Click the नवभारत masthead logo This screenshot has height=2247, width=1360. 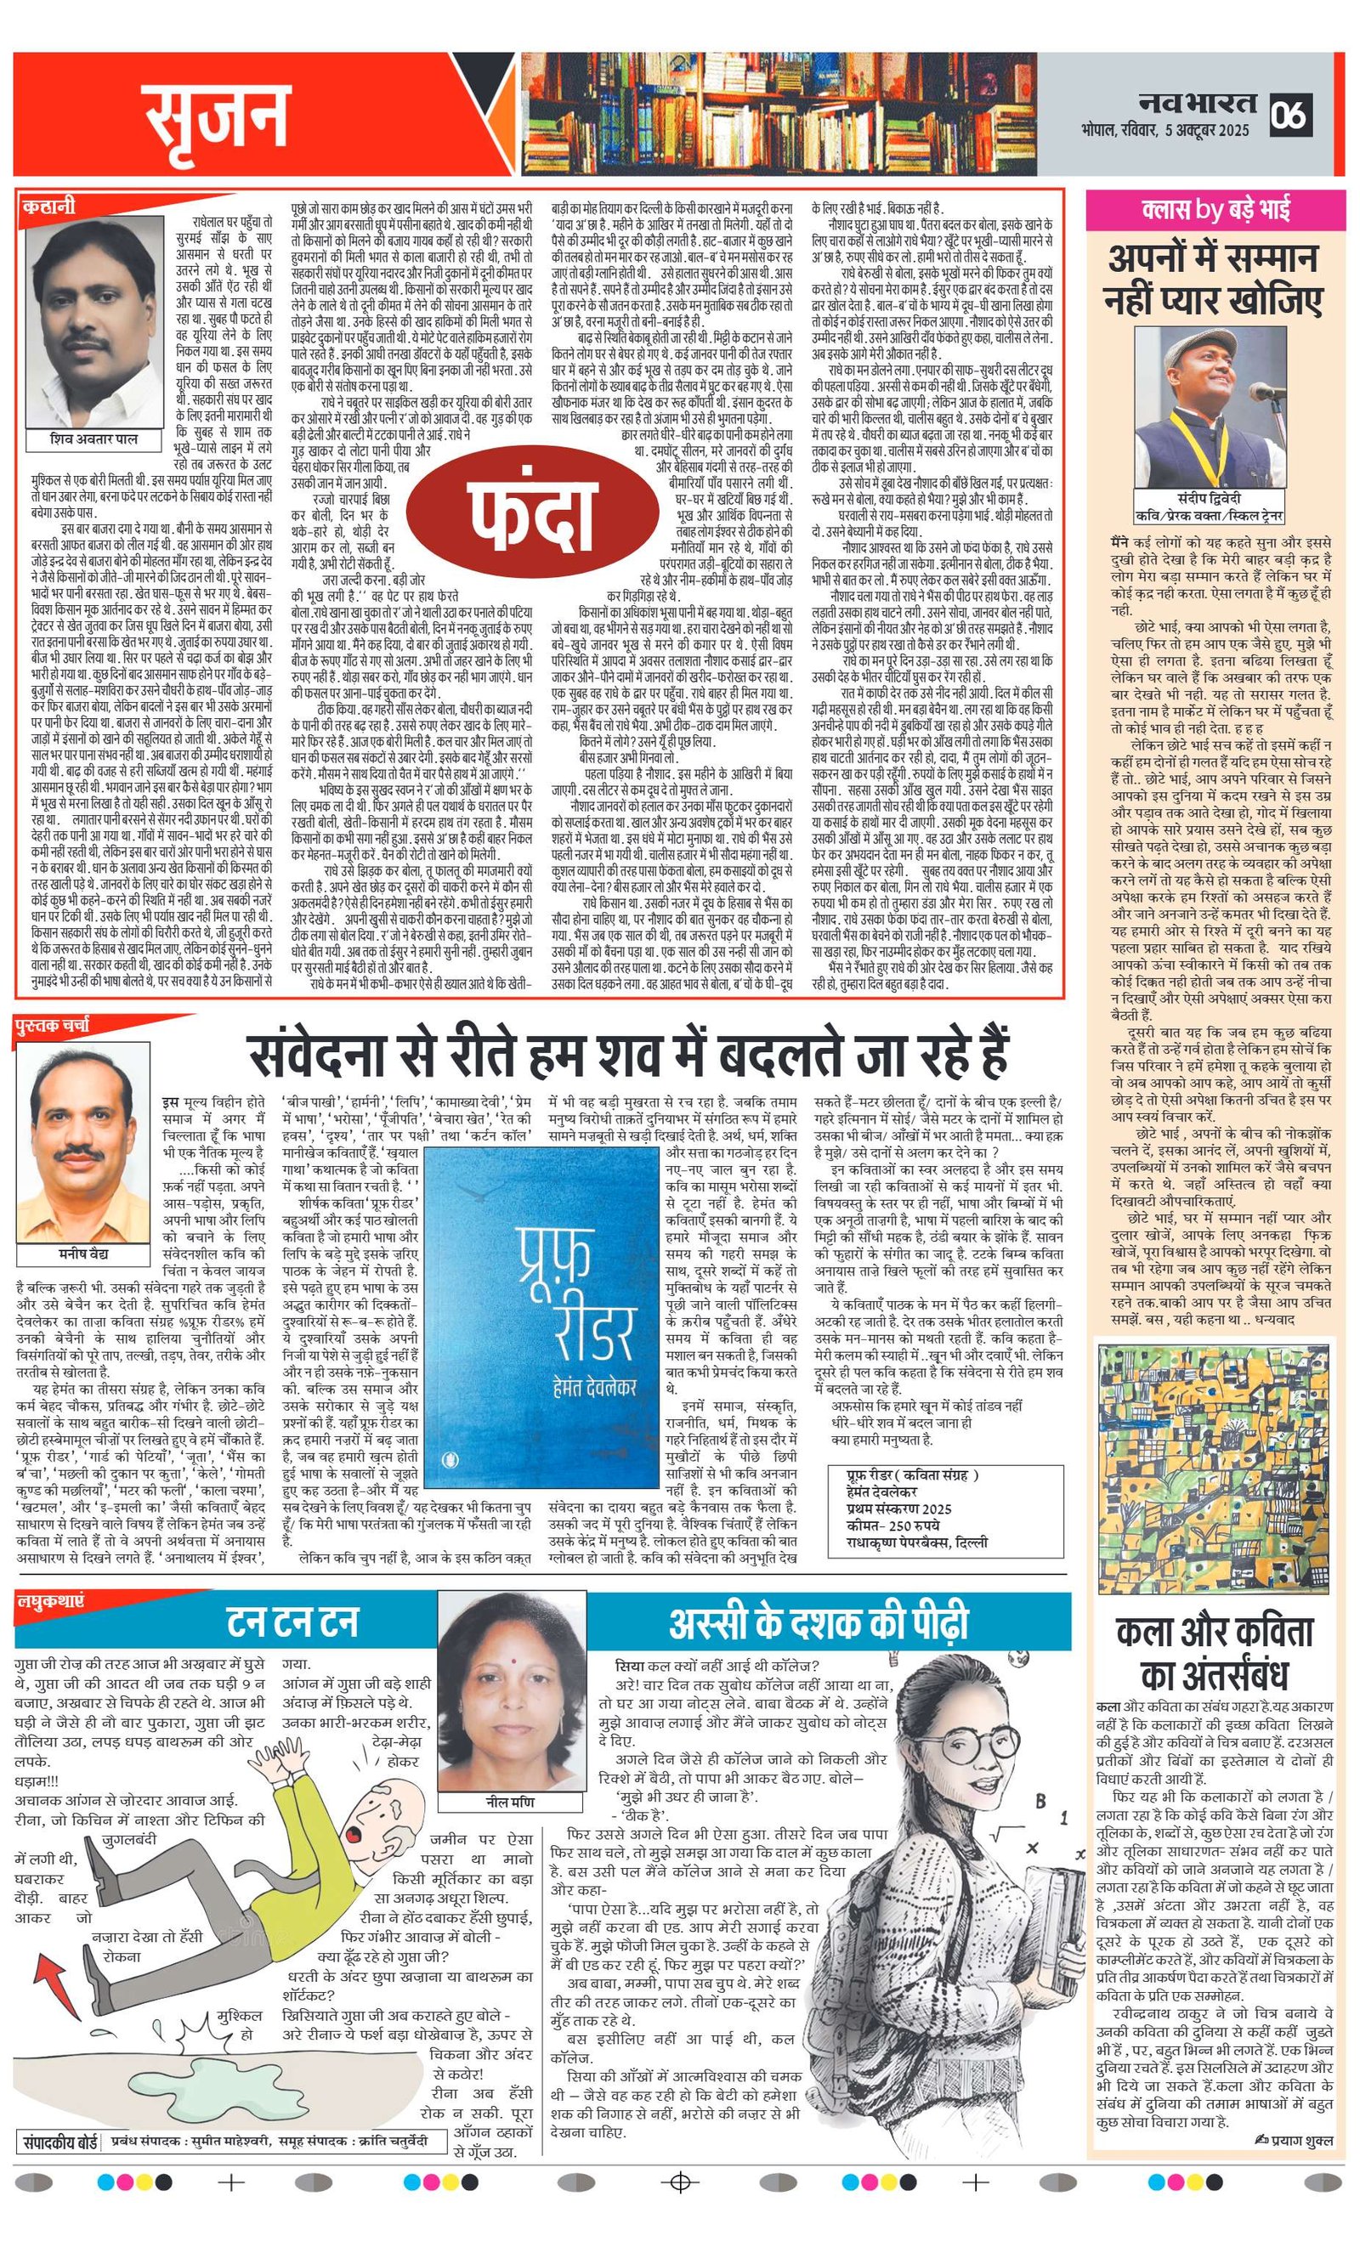(x=1196, y=103)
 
